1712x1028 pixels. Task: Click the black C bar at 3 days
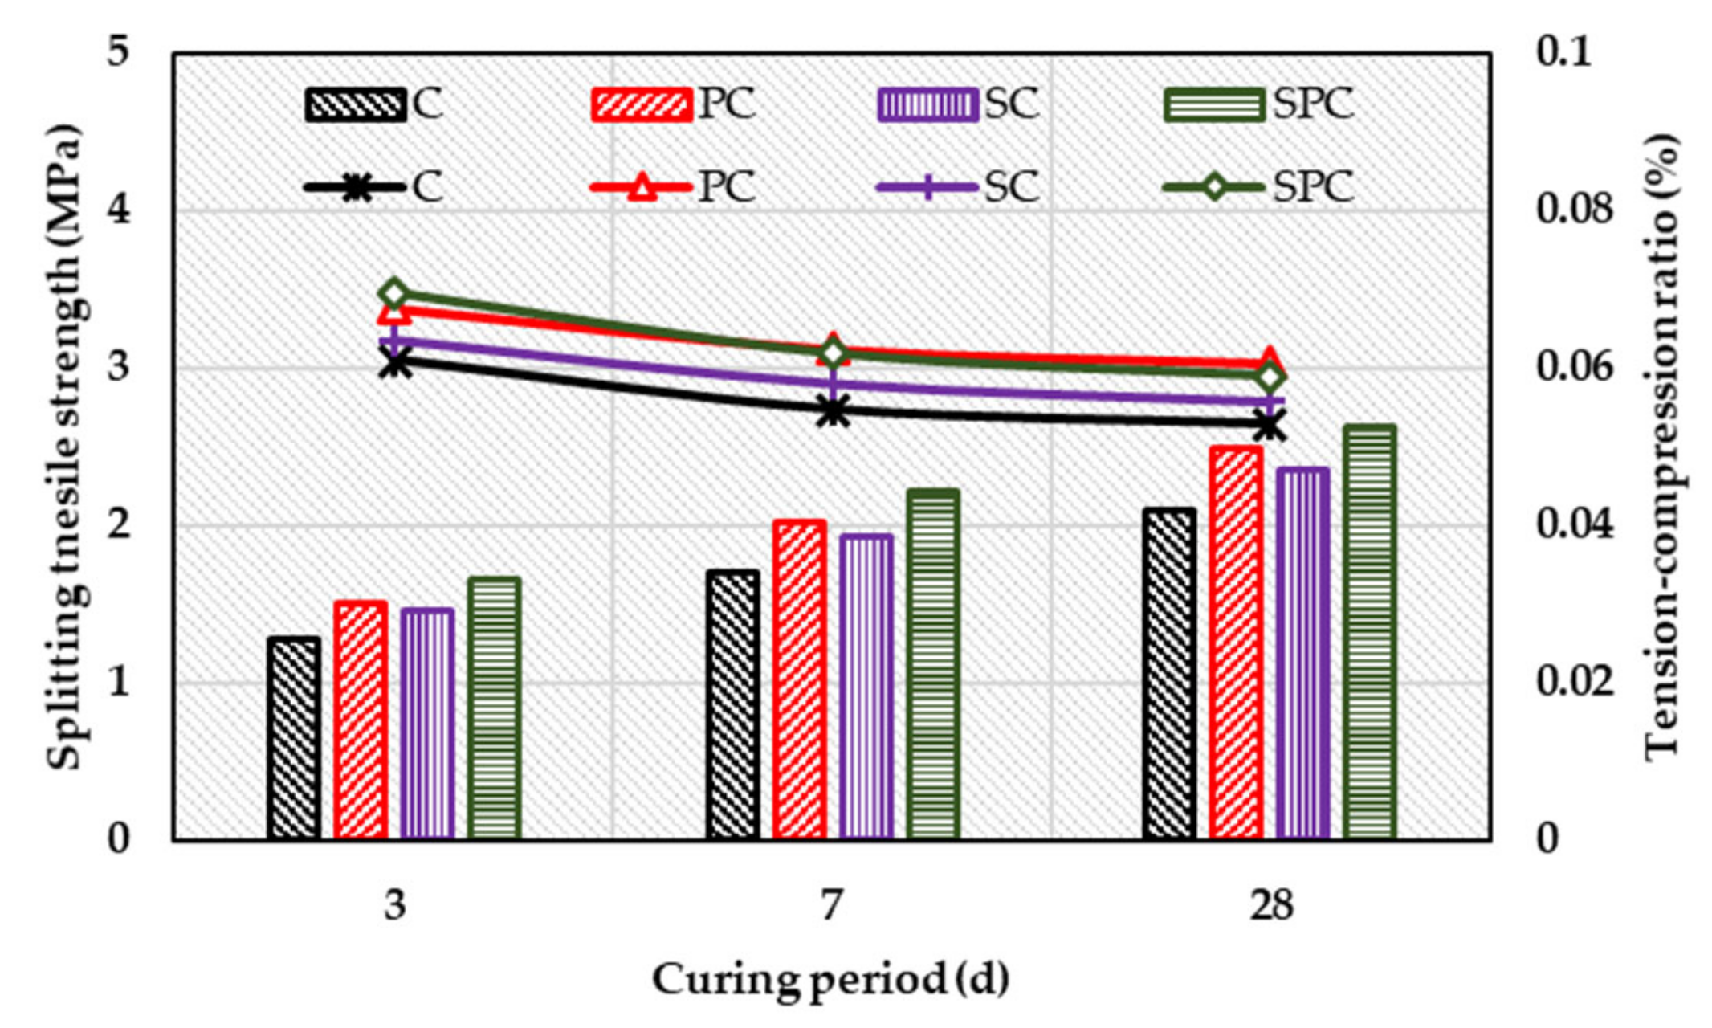[x=294, y=739]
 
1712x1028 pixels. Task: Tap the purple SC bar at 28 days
[x=1302, y=654]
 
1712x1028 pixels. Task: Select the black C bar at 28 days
[x=1169, y=675]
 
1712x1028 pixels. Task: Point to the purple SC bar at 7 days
[x=866, y=687]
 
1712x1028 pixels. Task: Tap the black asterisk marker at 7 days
[x=834, y=412]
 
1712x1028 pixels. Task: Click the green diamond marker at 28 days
[x=1270, y=377]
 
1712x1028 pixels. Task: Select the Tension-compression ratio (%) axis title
[x=1663, y=447]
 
